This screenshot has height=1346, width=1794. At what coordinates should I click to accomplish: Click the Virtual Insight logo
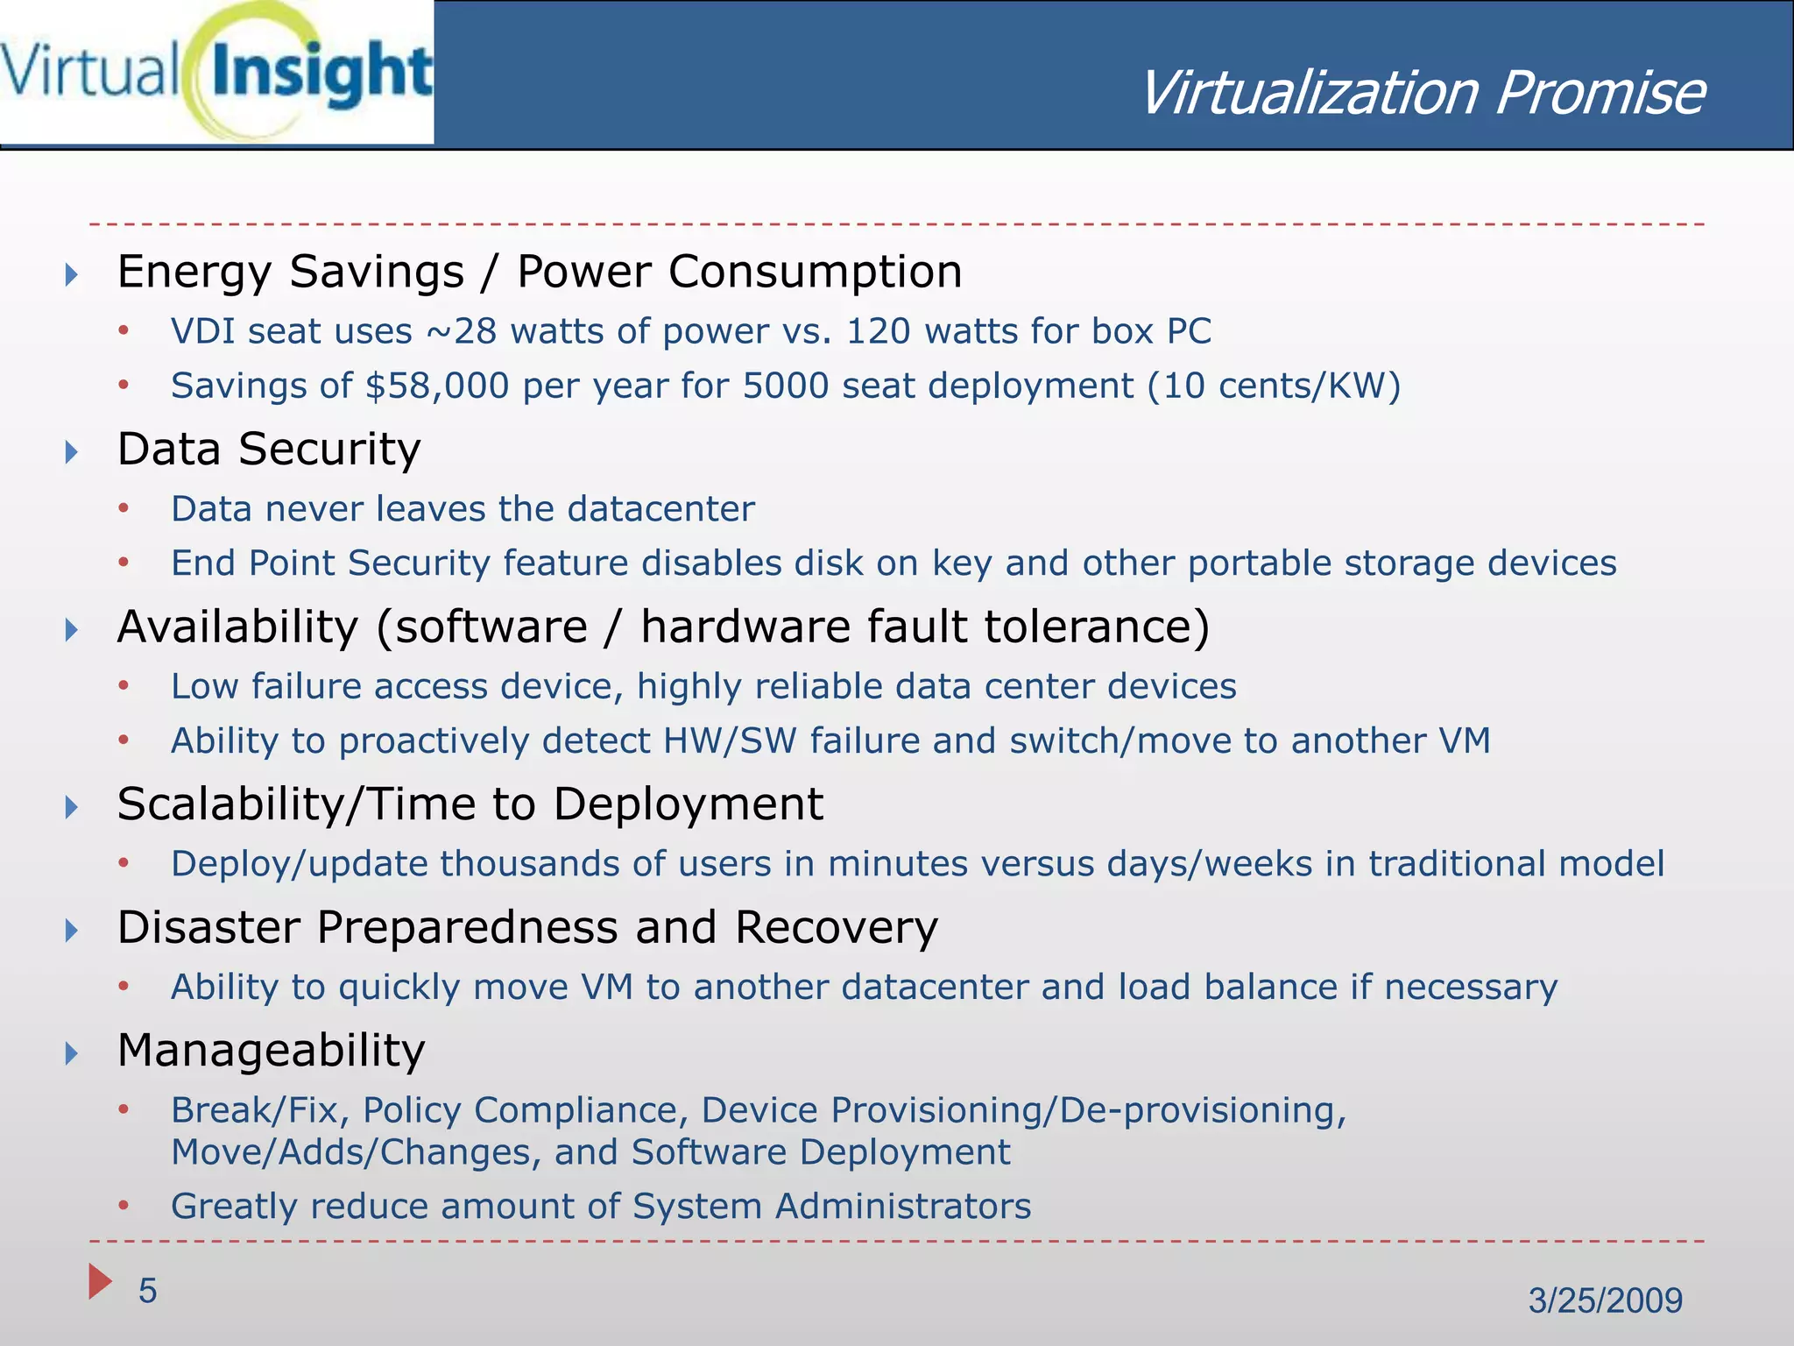[x=216, y=72]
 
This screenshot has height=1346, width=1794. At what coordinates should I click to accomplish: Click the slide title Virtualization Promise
[x=1421, y=93]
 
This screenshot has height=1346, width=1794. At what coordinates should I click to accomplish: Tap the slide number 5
[x=147, y=1291]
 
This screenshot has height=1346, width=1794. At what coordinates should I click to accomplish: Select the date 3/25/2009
[x=1605, y=1300]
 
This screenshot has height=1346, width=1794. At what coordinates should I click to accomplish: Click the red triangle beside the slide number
[x=100, y=1281]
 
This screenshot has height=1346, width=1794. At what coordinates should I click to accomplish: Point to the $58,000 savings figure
[x=436, y=386]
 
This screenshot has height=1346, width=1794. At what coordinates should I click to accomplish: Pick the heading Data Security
[x=269, y=450]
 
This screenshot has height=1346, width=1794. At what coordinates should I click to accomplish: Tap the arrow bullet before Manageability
[x=72, y=1052]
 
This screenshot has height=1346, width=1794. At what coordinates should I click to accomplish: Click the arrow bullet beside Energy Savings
[x=72, y=275]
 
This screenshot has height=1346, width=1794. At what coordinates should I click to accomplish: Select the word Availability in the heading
[x=237, y=627]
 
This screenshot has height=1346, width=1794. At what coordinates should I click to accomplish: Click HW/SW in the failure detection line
[x=730, y=741]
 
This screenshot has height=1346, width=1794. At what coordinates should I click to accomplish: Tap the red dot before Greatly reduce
[x=124, y=1207]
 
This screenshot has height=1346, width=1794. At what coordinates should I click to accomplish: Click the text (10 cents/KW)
[x=1275, y=386]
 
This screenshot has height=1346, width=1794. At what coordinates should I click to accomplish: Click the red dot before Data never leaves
[x=124, y=509]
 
